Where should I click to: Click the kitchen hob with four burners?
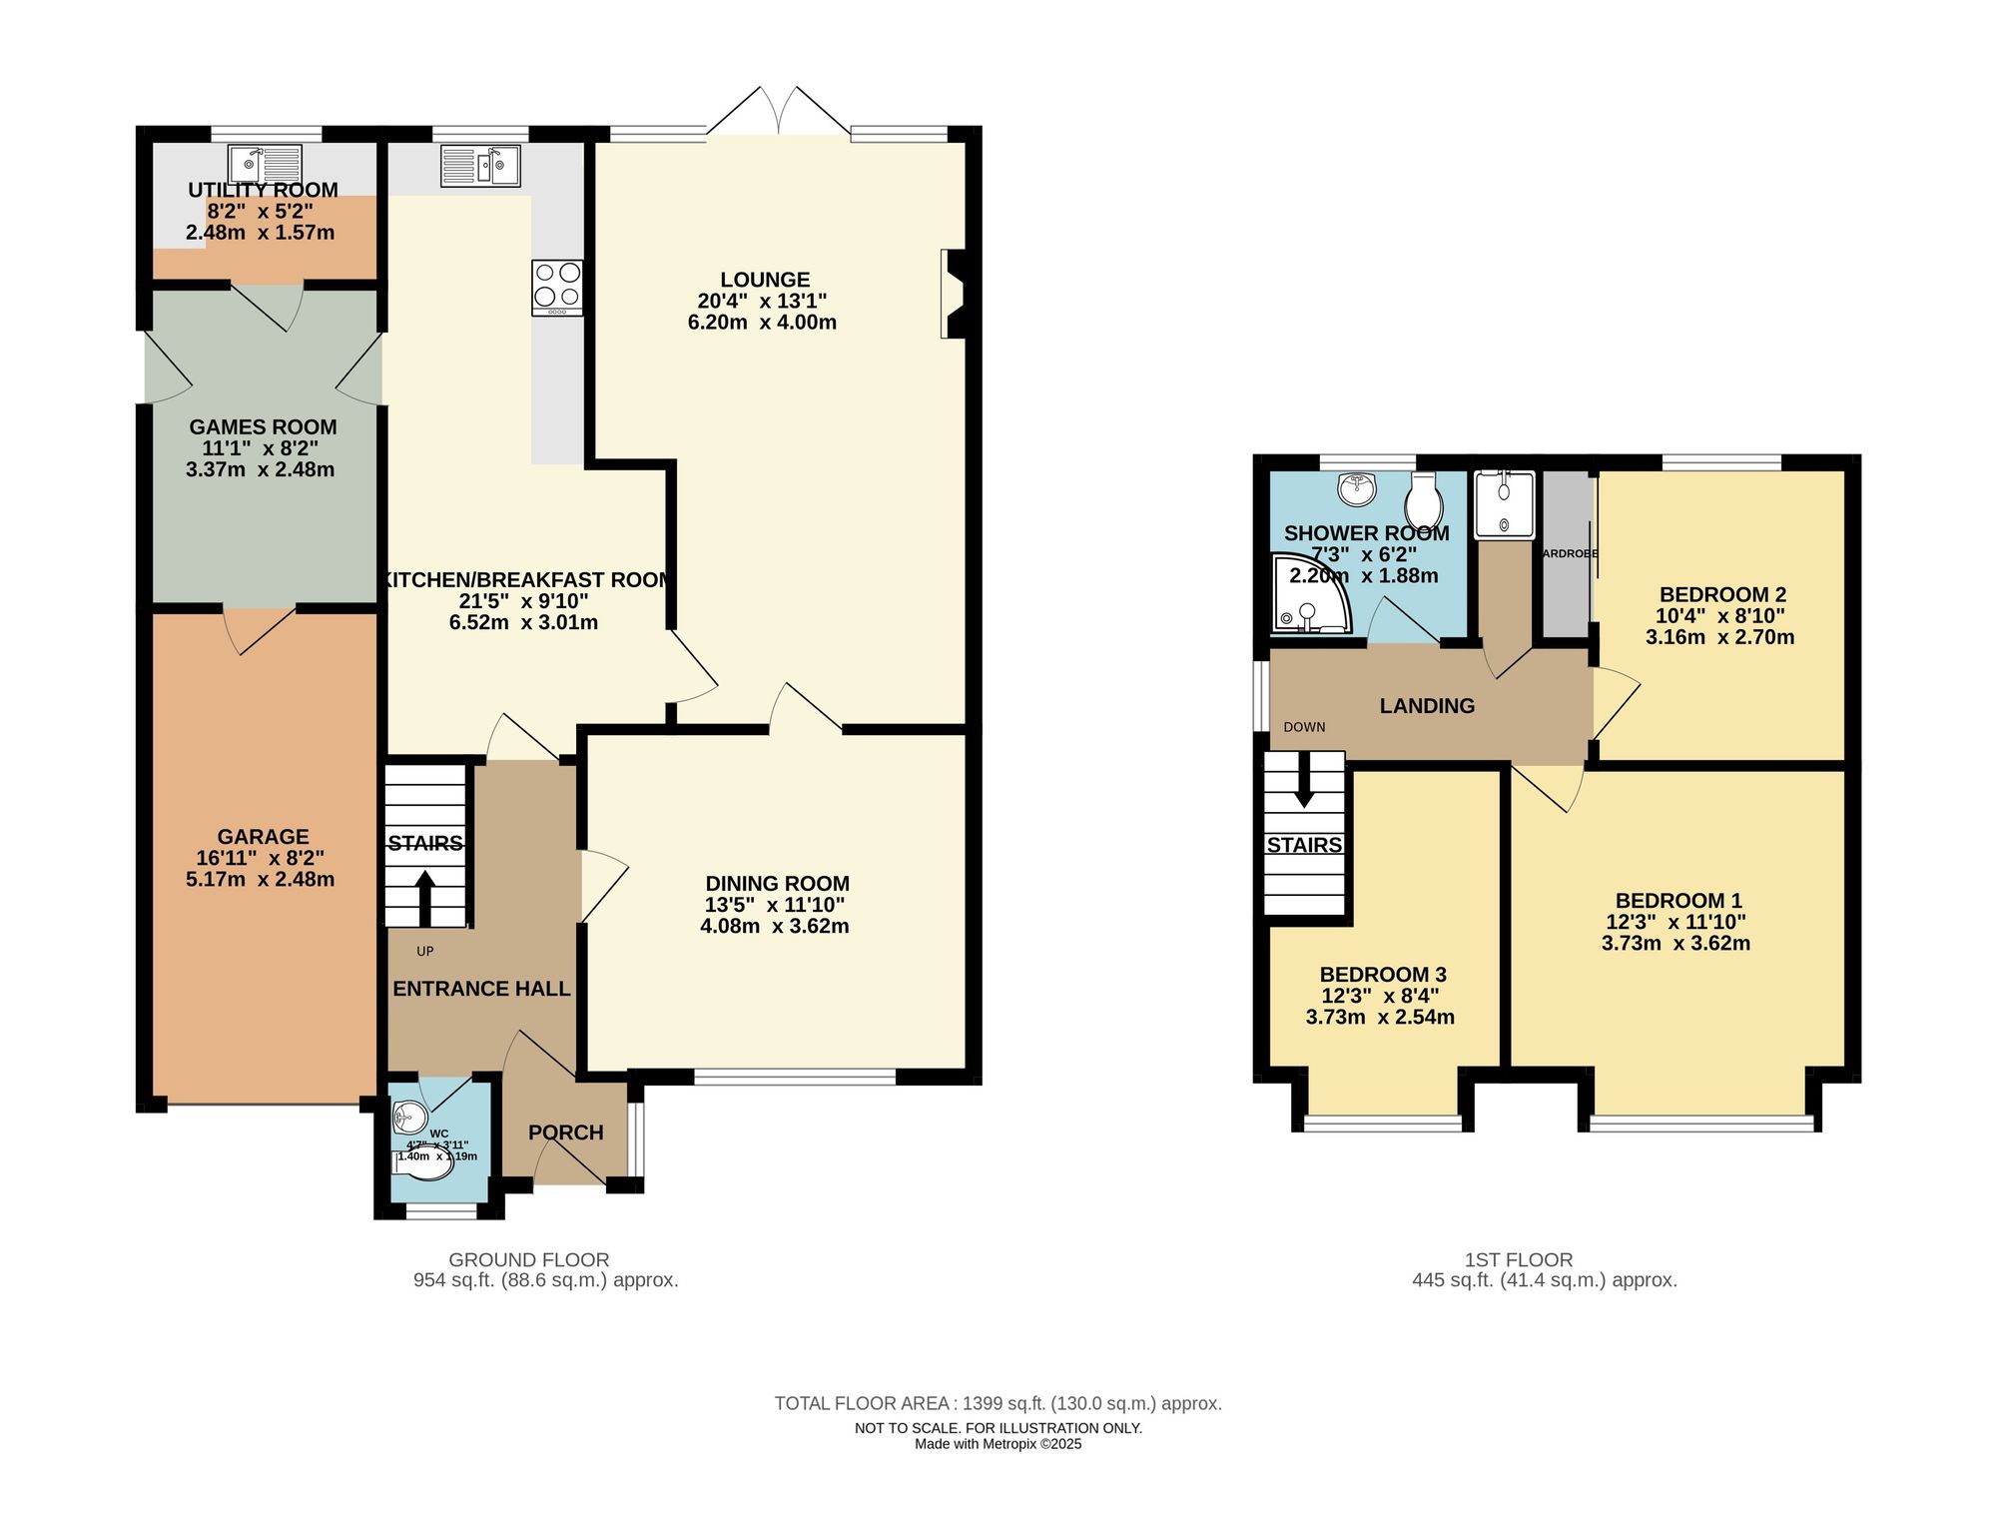point(557,287)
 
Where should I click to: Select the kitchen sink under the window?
point(480,165)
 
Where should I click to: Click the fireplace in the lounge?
point(953,294)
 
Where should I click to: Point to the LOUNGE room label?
point(765,280)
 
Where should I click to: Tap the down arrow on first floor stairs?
point(1303,790)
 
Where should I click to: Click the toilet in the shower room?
point(1424,499)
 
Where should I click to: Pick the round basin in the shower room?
point(1356,488)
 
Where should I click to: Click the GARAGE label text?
point(263,837)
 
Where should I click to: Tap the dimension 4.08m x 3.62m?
point(775,926)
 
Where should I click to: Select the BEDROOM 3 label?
point(1382,975)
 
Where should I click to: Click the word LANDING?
point(1426,706)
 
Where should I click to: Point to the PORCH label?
point(565,1133)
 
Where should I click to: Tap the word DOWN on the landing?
point(1304,727)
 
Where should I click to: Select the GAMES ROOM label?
point(263,427)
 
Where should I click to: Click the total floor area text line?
point(998,1403)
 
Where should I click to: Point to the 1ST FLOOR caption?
point(1518,1260)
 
